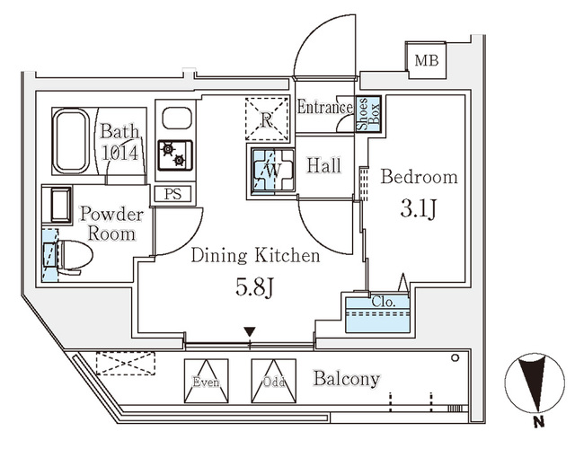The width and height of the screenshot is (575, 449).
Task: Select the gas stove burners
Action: point(174,155)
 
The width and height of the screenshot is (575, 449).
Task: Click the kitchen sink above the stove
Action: point(176,119)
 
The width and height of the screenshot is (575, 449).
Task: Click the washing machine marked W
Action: point(270,168)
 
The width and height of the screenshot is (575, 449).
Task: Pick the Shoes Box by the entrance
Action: point(368,114)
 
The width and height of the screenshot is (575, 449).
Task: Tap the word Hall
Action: point(323,165)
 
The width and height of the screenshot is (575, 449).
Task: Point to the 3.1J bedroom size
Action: point(420,212)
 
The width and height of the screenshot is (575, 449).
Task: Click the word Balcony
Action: point(346,379)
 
